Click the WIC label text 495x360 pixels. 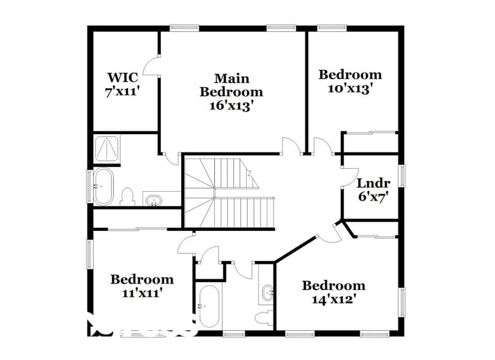click(123, 78)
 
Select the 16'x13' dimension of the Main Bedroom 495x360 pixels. click(231, 105)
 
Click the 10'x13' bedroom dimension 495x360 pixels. click(350, 88)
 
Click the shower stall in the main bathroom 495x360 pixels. click(107, 148)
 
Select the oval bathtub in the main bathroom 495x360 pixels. click(103, 186)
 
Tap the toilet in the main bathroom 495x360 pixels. click(128, 197)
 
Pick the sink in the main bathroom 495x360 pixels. click(153, 200)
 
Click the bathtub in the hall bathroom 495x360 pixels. click(207, 306)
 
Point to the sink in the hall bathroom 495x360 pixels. click(268, 293)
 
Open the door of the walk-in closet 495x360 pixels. click(151, 66)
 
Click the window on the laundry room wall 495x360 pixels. click(402, 174)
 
